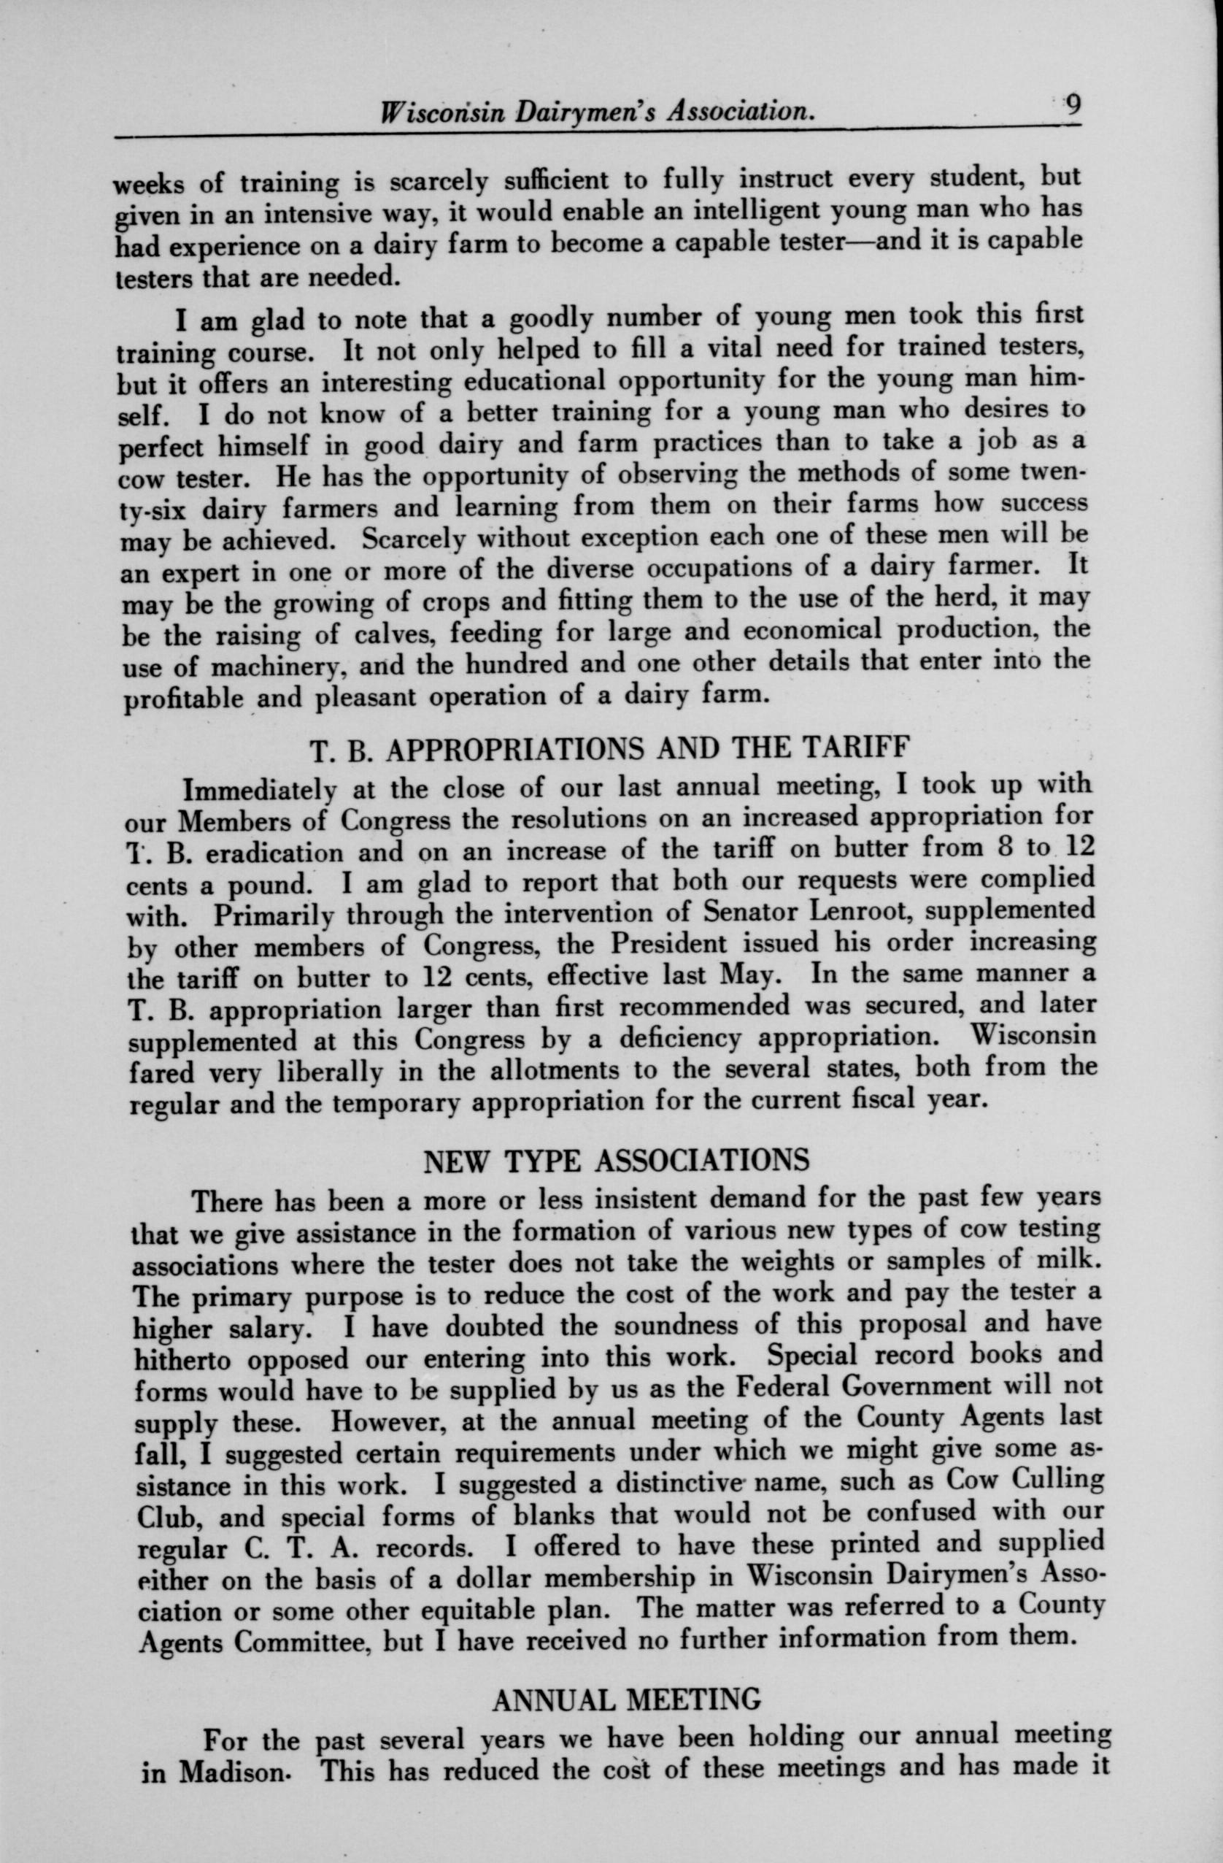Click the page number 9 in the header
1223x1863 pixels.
point(1071,105)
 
